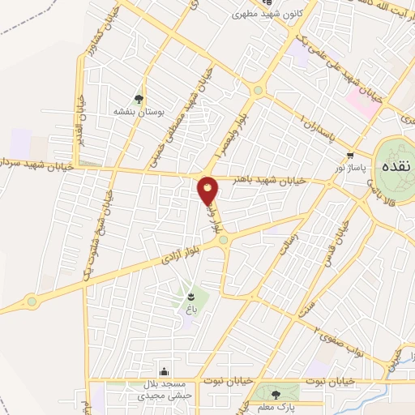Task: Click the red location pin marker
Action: click(208, 190)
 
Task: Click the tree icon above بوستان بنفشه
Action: click(139, 99)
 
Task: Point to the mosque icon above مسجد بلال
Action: click(164, 370)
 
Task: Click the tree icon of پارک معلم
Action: click(278, 395)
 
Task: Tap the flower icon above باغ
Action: click(191, 296)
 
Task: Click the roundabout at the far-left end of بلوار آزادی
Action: click(32, 302)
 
